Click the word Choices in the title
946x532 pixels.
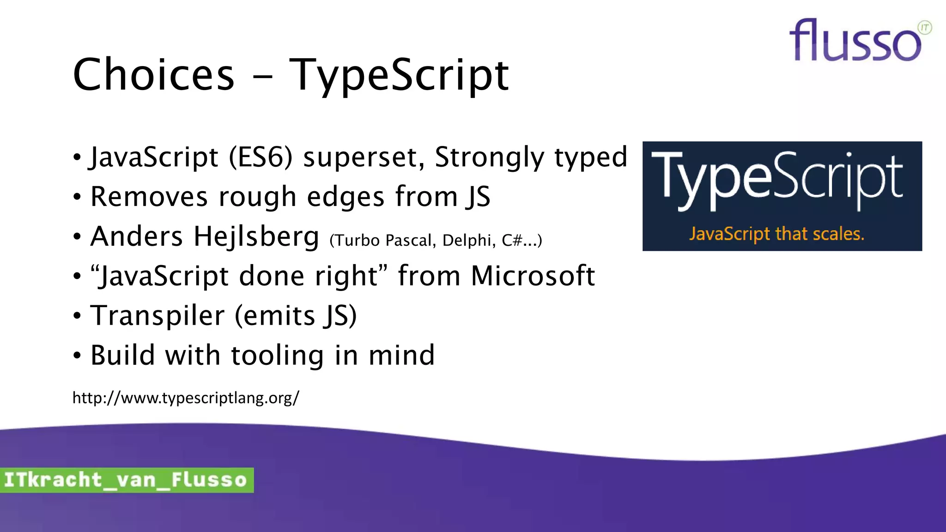click(153, 75)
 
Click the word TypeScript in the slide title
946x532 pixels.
click(399, 75)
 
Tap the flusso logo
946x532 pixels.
click(855, 42)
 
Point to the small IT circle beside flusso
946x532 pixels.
click(925, 28)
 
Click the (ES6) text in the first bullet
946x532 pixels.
click(261, 157)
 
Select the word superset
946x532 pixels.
click(364, 157)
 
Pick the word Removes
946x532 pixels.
click(149, 197)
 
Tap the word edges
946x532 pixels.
click(345, 197)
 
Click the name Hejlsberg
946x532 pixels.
click(256, 236)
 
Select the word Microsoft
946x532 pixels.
click(533, 276)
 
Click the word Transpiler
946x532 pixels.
click(158, 316)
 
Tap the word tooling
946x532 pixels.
click(277, 355)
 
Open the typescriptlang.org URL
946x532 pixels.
click(186, 398)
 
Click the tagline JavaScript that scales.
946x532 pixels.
click(776, 234)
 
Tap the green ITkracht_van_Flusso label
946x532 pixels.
click(126, 480)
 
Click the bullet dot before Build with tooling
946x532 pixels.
click(77, 356)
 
